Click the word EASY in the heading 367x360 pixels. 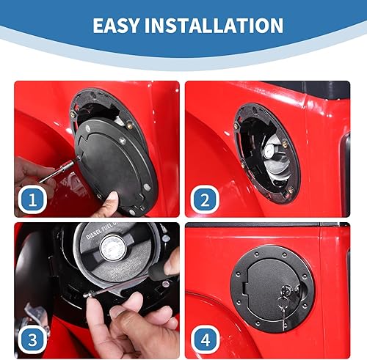[118, 26]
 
